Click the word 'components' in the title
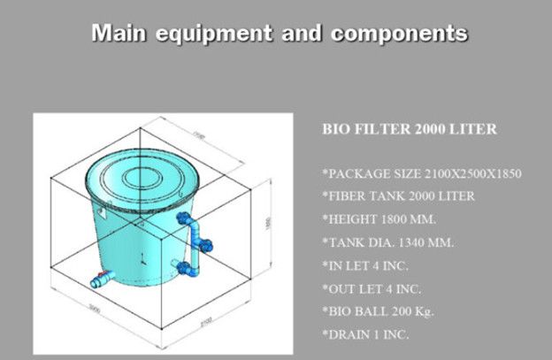point(398,34)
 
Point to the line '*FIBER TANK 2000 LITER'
point(386,196)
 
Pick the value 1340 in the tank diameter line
point(403,242)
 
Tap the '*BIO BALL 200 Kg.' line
point(378,311)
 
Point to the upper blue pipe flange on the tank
point(185,218)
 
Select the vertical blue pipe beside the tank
point(196,244)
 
